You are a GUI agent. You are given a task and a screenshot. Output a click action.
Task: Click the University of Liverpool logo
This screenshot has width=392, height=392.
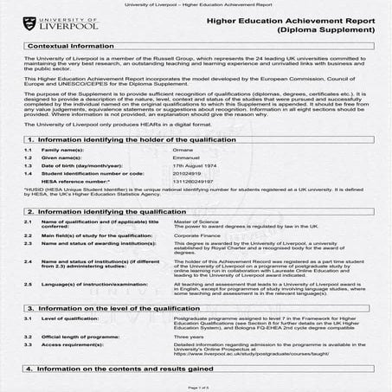click(x=54, y=24)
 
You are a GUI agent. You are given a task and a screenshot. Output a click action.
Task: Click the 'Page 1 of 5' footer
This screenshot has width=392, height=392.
click(x=196, y=387)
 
